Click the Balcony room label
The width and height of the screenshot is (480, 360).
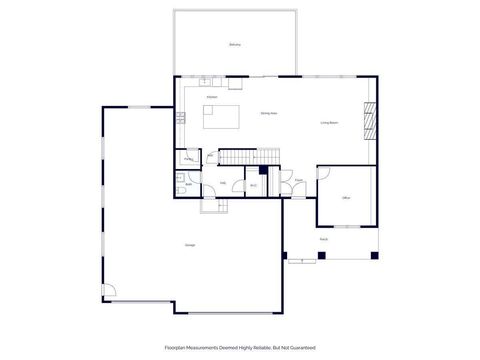pos(234,45)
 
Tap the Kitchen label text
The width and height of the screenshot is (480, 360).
pos(212,96)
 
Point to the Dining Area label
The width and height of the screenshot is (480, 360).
pos(268,114)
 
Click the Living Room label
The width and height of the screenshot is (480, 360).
pos(330,123)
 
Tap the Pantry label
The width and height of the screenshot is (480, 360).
pos(187,159)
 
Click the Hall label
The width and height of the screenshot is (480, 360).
pos(223,183)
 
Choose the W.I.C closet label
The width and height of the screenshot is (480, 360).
pos(253,185)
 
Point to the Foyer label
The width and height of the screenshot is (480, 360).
pos(298,181)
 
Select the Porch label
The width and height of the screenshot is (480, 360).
pos(323,240)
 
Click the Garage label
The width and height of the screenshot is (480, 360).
pos(189,246)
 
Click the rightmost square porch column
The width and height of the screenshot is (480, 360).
pos(374,256)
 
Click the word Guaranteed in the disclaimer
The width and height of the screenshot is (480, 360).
pos(303,347)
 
